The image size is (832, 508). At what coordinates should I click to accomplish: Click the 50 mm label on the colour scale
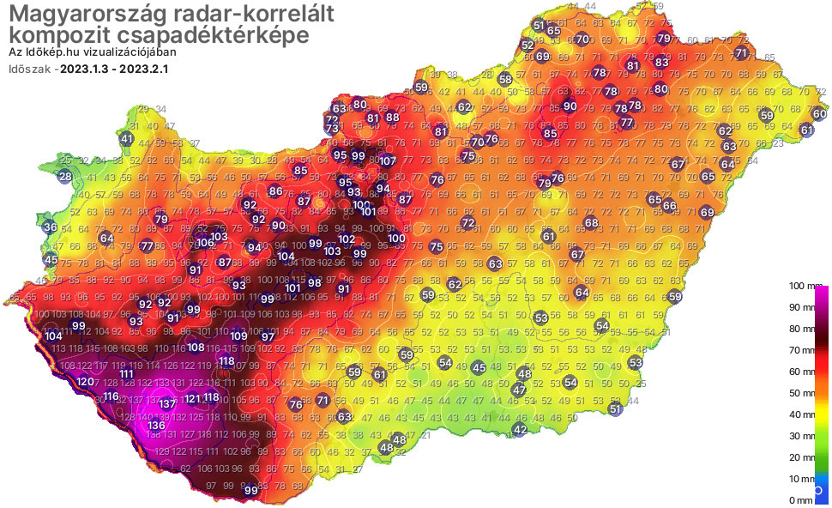coord(807,393)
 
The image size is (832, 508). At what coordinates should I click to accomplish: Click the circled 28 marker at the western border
coord(65,178)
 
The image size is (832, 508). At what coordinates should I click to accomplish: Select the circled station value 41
coord(127,138)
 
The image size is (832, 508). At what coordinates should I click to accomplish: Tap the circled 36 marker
coord(50,227)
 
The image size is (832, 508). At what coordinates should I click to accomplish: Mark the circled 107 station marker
coord(388,160)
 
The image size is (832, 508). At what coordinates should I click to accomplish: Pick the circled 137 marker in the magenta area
coord(167,403)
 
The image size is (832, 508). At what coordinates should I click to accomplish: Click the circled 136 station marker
coord(156,425)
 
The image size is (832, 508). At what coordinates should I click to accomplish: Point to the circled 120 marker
coord(85,382)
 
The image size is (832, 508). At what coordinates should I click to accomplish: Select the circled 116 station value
coord(111,396)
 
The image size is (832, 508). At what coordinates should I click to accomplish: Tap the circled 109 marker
coord(239,336)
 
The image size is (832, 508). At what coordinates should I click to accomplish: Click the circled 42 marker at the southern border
coord(519,429)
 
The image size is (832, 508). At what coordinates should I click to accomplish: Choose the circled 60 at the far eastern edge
coord(819,114)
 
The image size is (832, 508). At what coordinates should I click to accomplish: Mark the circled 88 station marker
coord(392,117)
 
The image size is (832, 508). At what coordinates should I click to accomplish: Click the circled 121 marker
coord(192,398)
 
